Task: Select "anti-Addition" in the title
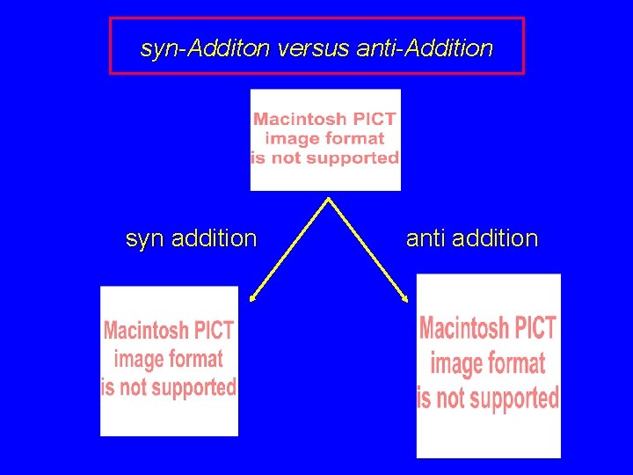point(425,48)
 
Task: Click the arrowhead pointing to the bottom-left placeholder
point(252,299)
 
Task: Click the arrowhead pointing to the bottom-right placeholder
point(405,299)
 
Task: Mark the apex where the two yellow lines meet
point(328,199)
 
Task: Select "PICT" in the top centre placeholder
point(374,119)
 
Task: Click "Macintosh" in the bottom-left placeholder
point(146,331)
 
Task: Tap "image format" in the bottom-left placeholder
point(168,359)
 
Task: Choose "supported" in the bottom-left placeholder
point(189,387)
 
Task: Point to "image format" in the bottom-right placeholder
point(488,363)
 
